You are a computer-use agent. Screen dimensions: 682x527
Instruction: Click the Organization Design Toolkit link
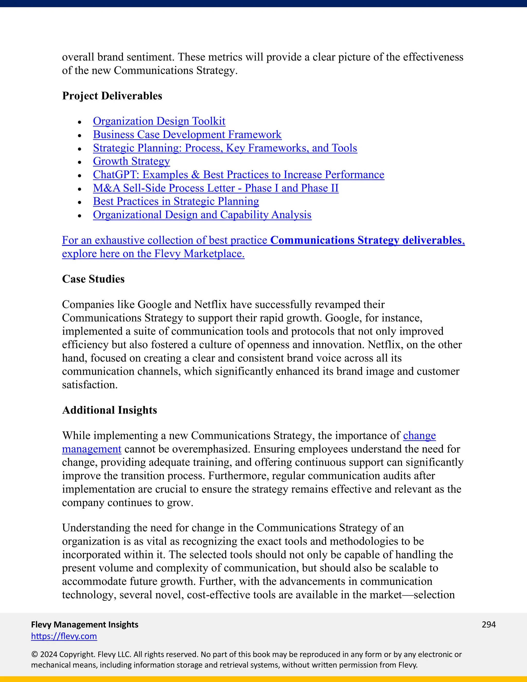click(x=159, y=121)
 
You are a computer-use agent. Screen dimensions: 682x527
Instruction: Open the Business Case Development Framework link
click(x=187, y=135)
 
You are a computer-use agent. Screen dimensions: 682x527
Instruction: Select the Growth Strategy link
click(x=131, y=161)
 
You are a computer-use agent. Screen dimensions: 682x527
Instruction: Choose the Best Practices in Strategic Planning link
click(x=176, y=202)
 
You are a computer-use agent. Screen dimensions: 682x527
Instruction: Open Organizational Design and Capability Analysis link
click(x=202, y=215)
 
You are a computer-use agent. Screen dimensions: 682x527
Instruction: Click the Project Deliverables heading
click(x=112, y=96)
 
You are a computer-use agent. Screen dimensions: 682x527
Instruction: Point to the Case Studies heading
click(x=93, y=279)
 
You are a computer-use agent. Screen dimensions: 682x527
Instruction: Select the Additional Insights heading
click(x=109, y=410)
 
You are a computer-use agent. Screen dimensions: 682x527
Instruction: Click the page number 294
click(x=489, y=625)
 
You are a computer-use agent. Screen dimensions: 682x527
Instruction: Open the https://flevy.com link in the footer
click(x=64, y=636)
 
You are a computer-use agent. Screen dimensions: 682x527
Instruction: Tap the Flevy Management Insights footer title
click(x=85, y=625)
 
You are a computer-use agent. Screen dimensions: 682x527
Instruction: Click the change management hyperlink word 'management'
click(x=91, y=449)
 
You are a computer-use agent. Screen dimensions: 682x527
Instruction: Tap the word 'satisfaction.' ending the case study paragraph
click(x=90, y=385)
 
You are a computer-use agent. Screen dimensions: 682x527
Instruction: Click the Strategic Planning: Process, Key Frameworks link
click(x=225, y=148)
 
